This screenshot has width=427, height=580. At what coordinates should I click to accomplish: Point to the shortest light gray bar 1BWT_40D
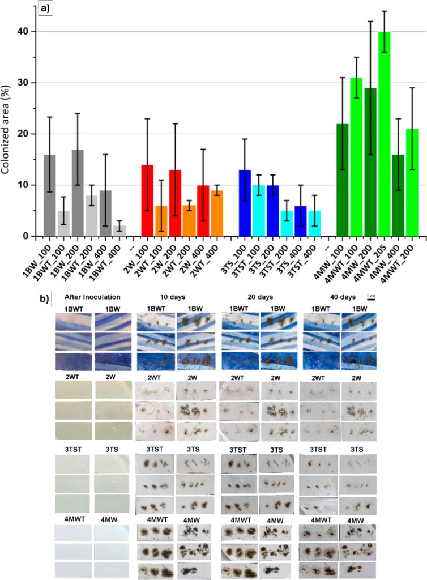pos(119,231)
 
